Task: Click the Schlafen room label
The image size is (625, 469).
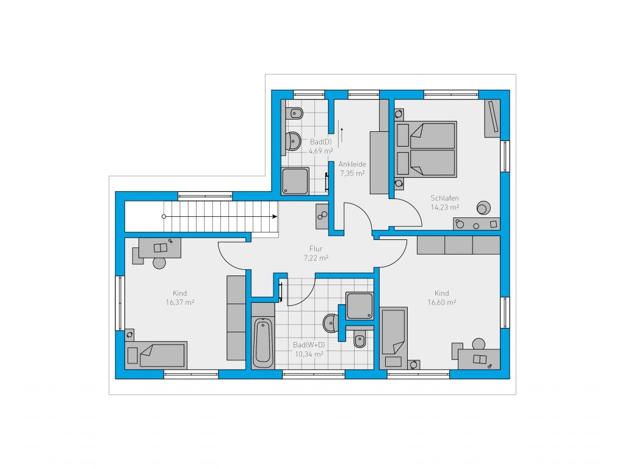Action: point(444,198)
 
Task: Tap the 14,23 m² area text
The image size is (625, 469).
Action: point(445,207)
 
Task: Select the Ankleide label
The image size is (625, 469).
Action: point(352,164)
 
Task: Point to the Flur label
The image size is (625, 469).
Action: point(316,249)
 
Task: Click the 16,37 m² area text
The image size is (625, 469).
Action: point(180,302)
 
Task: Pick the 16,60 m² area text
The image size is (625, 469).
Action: point(442,302)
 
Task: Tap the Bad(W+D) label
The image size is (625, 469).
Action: point(309,344)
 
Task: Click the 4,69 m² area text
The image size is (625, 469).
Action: point(321,151)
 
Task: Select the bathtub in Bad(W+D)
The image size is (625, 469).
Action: point(263,342)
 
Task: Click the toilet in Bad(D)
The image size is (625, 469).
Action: point(295,114)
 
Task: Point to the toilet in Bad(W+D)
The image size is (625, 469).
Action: point(359,340)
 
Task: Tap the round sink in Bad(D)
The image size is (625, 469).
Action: point(294,141)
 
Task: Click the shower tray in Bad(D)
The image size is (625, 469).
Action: point(295,181)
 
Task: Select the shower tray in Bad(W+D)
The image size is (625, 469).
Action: point(359,306)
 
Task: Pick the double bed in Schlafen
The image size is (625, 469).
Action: point(425,149)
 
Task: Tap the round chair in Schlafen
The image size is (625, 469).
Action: point(483,208)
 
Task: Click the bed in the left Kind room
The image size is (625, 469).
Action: point(156,355)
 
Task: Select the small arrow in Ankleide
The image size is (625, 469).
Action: point(342,135)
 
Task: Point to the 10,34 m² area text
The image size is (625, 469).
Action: point(309,354)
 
